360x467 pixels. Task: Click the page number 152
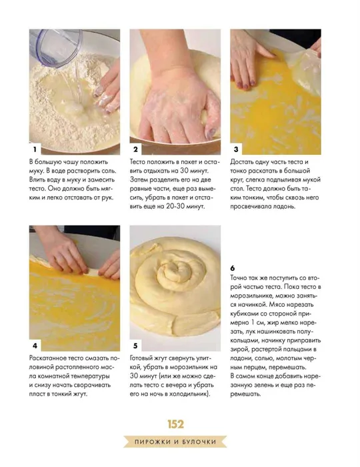(x=175, y=424)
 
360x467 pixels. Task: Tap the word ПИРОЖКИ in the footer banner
(x=152, y=442)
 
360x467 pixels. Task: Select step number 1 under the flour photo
(x=35, y=149)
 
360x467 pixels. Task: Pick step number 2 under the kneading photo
(x=136, y=149)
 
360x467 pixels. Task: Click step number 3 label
(x=236, y=149)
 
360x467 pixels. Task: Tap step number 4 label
(x=35, y=346)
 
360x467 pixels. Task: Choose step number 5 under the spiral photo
(x=136, y=346)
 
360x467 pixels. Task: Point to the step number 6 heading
(x=233, y=268)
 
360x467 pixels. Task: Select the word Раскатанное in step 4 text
(x=47, y=358)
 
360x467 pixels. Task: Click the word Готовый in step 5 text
(x=142, y=358)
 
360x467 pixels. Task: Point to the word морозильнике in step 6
(x=251, y=296)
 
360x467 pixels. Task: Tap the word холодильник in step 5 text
(x=188, y=394)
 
